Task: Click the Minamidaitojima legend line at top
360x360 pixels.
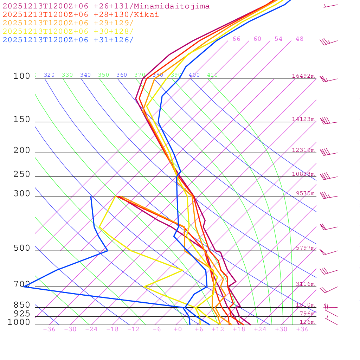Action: [106, 6]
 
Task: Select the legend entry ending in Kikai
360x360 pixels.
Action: [81, 15]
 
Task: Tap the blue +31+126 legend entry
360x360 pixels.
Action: [68, 40]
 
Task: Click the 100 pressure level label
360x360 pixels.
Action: [22, 76]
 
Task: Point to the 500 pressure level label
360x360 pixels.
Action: [22, 248]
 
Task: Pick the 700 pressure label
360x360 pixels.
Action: [22, 284]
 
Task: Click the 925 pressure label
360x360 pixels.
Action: [22, 314]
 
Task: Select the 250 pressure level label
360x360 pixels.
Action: [22, 174]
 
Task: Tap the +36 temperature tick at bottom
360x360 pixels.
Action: [302, 329]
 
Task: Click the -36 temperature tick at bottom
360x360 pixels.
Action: [49, 329]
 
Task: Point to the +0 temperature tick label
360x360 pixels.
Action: [178, 329]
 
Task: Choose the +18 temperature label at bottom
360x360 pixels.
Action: [239, 329]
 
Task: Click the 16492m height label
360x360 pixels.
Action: [303, 76]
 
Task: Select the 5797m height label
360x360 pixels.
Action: [305, 248]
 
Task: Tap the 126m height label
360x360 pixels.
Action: [307, 322]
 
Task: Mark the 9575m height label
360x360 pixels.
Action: [305, 193]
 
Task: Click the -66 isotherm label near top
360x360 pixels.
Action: [234, 39]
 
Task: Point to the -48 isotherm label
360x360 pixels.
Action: [297, 39]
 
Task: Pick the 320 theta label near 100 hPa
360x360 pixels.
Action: [49, 75]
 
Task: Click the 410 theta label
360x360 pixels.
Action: [212, 75]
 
